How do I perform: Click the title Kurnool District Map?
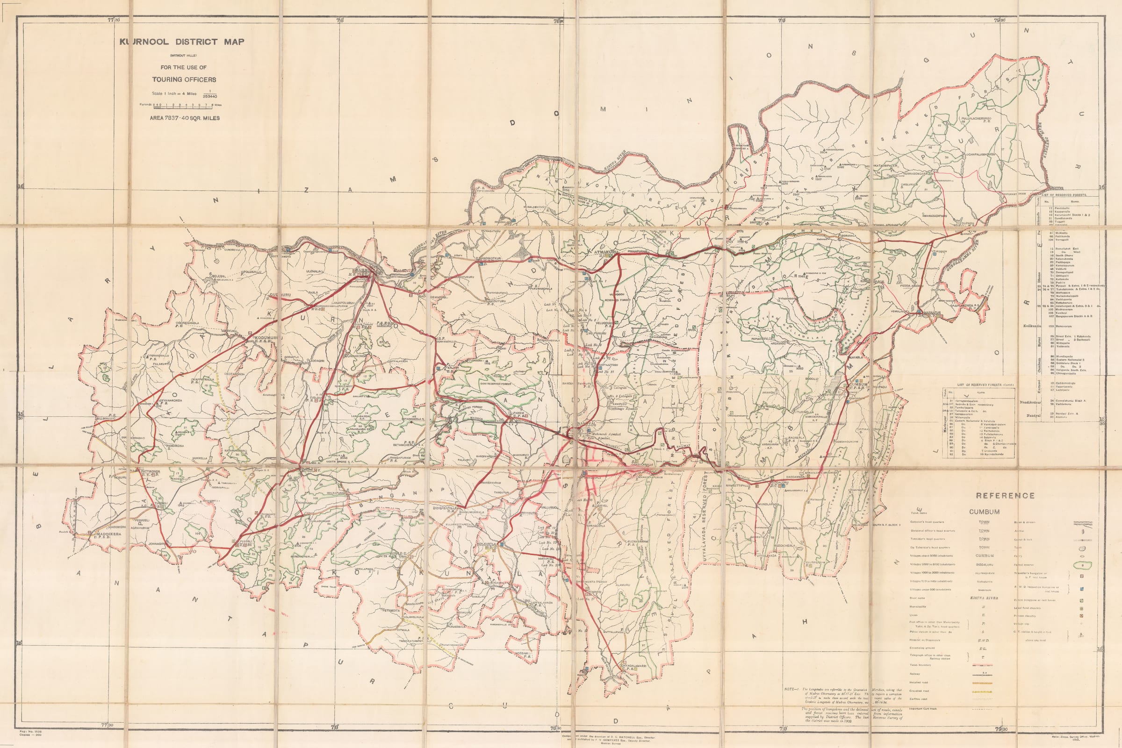click(x=182, y=42)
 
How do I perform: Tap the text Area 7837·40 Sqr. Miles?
click(x=185, y=118)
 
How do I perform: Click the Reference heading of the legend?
click(x=1005, y=496)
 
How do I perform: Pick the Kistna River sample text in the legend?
click(x=984, y=598)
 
